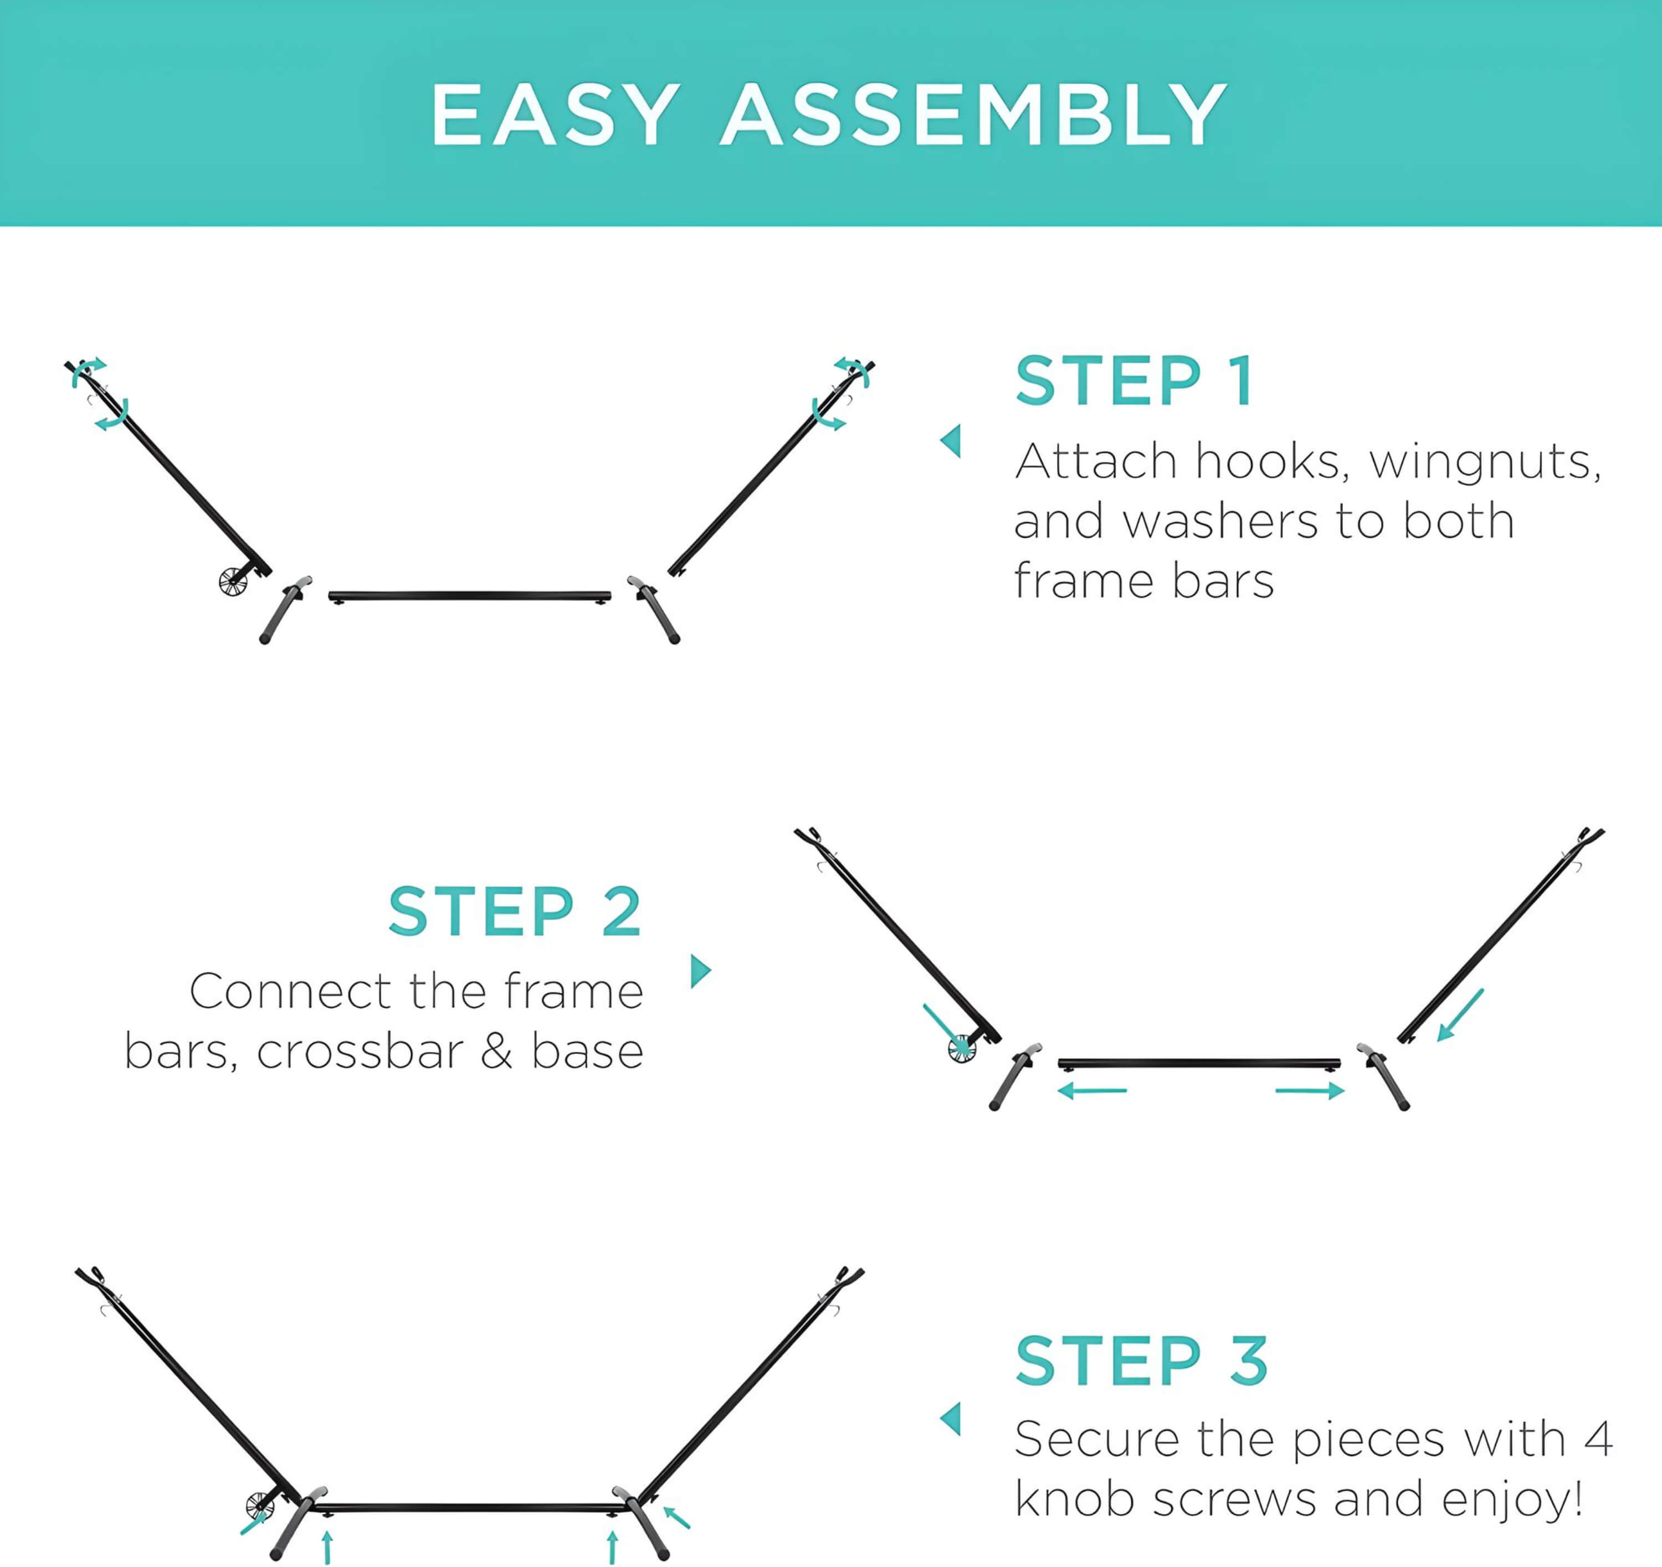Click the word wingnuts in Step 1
pos(1485,462)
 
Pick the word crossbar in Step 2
pos(360,1051)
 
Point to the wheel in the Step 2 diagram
pos(961,1048)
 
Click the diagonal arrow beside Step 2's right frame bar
pos(1460,1014)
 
